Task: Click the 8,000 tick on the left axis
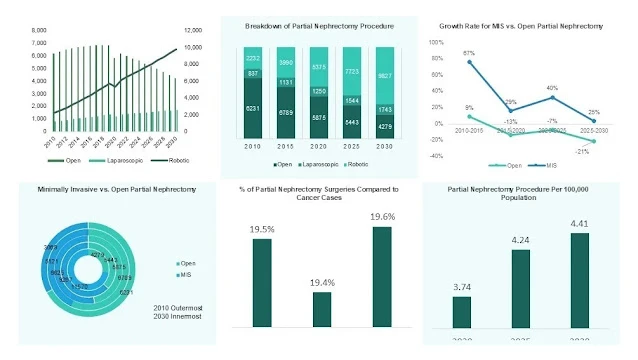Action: (37, 31)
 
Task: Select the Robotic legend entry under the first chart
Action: (179, 160)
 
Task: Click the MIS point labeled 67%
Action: (470, 62)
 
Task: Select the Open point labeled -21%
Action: (593, 141)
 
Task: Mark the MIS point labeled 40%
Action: (552, 97)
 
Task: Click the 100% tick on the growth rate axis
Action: (435, 43)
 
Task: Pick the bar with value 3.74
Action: (461, 312)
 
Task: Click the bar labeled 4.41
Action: (580, 281)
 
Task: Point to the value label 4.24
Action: (521, 239)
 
